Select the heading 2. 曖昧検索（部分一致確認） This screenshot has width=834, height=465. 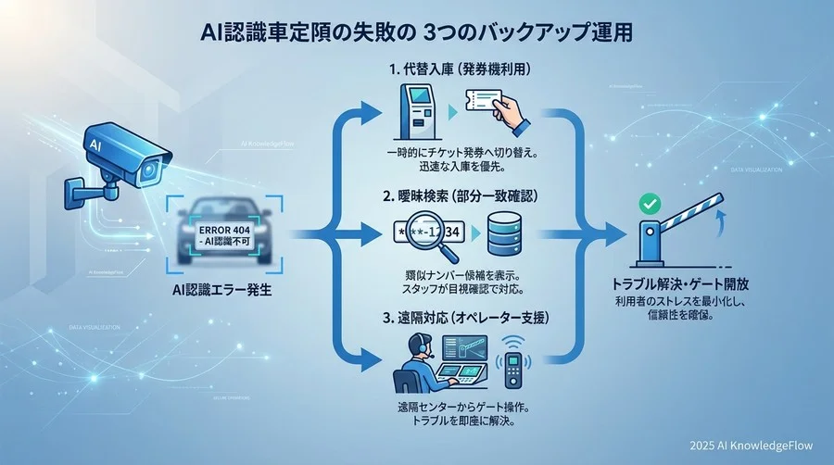click(463, 196)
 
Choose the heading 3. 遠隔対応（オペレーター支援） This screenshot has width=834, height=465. click(463, 316)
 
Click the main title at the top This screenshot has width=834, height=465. click(417, 31)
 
